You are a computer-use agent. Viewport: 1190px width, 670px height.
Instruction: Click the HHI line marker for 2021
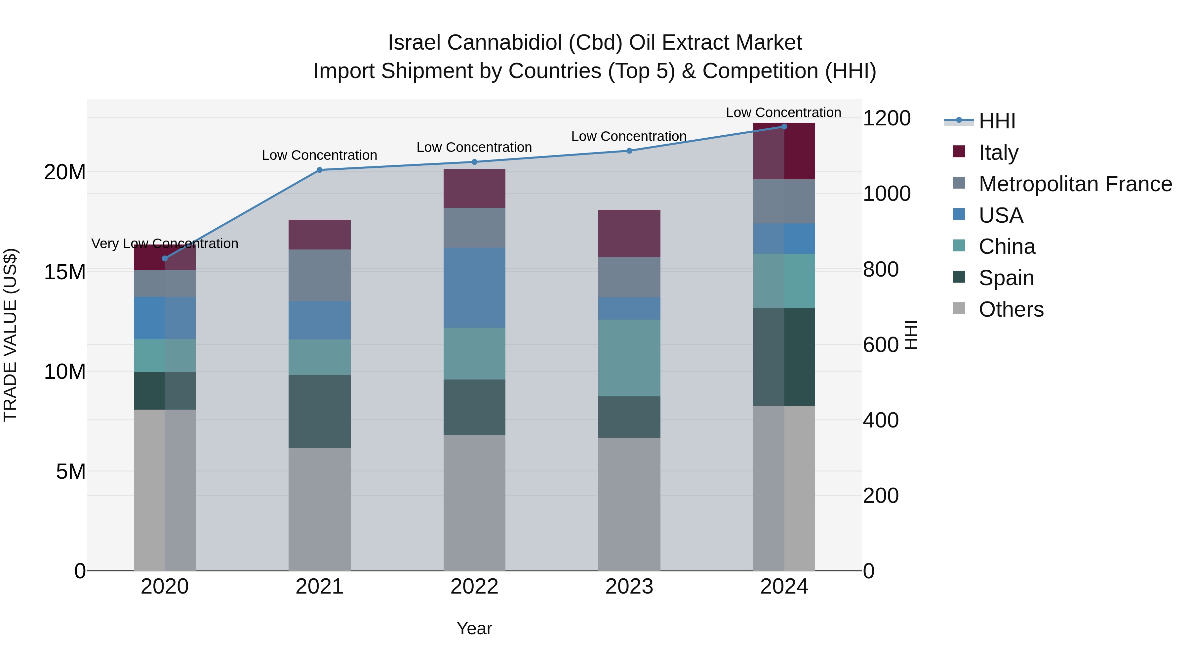tap(319, 170)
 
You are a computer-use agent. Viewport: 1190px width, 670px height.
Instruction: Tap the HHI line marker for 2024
tap(784, 126)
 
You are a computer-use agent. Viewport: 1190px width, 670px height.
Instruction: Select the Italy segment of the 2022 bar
tap(474, 188)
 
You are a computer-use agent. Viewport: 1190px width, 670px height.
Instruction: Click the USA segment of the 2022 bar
tap(474, 288)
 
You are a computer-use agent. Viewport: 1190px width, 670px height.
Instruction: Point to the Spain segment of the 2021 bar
tap(319, 411)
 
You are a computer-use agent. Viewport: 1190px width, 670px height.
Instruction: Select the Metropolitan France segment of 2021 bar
tap(319, 275)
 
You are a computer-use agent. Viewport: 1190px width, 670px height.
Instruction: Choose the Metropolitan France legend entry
tap(1075, 184)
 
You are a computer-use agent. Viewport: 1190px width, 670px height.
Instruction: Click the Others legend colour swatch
tap(959, 308)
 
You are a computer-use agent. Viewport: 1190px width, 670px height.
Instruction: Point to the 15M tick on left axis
tap(65, 272)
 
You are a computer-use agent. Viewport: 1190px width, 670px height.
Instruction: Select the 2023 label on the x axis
tap(629, 587)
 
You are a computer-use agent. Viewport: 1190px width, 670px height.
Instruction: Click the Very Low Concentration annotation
tap(165, 243)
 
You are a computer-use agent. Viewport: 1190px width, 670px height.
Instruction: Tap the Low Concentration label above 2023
tap(629, 136)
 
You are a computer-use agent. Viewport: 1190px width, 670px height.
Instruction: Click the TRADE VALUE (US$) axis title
tap(10, 335)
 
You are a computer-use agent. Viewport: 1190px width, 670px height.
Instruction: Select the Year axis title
tap(474, 628)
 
